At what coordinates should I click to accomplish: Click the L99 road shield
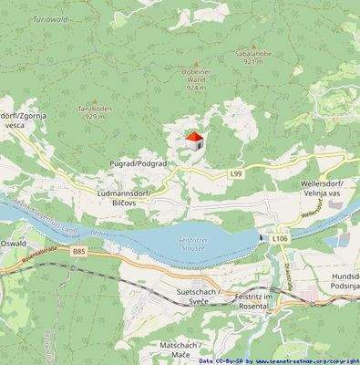pos(237,173)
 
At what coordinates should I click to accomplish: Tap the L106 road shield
pos(280,237)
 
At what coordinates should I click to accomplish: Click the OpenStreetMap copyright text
pos(278,360)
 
